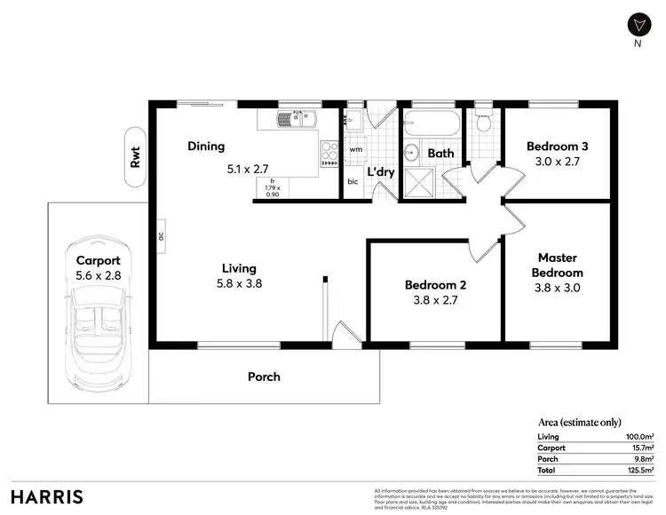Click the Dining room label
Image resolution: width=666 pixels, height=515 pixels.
206,147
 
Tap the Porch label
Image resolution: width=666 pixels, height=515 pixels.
264,376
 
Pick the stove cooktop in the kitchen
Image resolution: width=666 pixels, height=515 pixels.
328,153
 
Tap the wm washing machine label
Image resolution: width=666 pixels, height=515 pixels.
355,149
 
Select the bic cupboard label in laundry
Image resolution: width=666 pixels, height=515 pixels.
353,182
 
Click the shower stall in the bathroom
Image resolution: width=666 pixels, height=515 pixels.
416,182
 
